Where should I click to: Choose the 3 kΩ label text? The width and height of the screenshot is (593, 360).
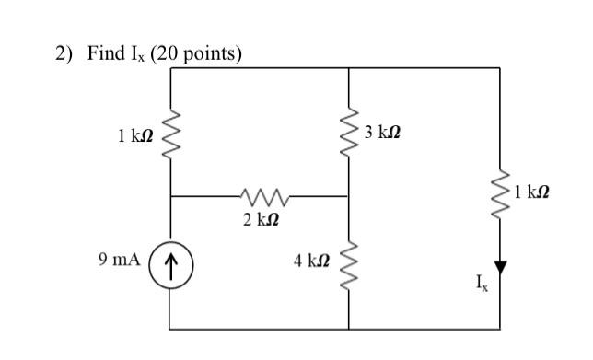(382, 133)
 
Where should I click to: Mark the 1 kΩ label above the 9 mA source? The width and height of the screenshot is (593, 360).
(135, 136)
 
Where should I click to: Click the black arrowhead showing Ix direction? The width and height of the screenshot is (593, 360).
(500, 267)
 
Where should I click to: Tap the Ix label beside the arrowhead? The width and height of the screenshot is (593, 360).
(483, 286)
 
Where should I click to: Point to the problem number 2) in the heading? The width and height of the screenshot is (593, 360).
(63, 54)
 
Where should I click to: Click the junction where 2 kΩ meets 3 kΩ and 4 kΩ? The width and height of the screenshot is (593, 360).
(349, 196)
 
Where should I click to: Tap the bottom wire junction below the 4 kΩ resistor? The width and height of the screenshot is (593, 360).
(349, 329)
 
